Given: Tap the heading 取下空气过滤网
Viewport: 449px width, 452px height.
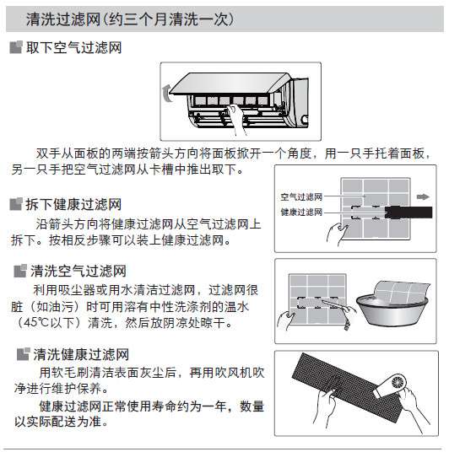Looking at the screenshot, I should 73,49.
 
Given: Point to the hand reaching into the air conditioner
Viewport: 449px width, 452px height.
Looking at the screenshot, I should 239,119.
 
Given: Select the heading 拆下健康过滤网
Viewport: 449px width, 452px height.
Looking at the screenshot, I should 73,204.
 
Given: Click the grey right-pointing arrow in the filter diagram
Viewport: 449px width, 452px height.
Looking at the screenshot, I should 421,196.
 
